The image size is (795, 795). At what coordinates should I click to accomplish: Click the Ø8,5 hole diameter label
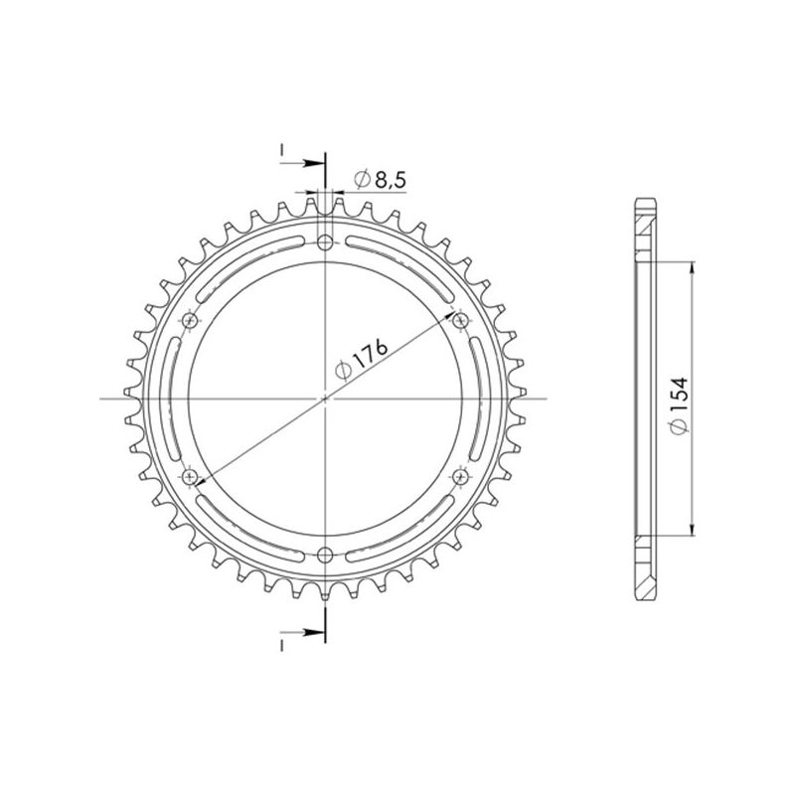coord(377,180)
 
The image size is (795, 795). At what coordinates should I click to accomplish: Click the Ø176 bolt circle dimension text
coord(361,359)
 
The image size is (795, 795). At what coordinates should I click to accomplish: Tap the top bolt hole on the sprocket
coord(326,241)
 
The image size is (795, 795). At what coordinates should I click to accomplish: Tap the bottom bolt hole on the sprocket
coord(326,555)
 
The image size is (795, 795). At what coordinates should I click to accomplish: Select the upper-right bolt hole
coord(460,320)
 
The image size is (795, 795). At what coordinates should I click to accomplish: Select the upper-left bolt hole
coord(191,320)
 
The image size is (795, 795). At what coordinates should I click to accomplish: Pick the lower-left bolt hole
coord(191,477)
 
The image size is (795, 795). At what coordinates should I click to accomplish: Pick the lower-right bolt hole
coord(460,477)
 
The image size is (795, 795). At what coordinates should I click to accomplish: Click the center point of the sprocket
coord(326,398)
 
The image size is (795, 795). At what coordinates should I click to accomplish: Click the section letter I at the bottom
coord(283,646)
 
